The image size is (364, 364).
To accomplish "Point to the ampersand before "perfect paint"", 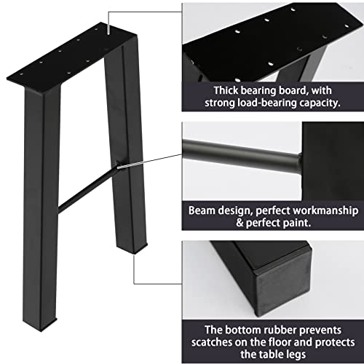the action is pos(240,223).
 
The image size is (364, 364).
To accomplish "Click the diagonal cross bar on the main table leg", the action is pos(87,189).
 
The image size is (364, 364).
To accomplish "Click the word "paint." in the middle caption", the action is pos(297,223).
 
